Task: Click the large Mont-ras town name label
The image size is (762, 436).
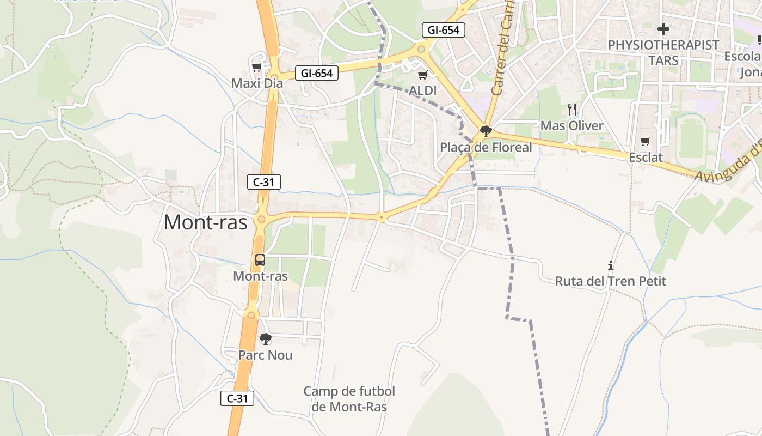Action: pyautogui.click(x=205, y=222)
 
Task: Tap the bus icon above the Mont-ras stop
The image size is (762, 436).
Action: pyautogui.click(x=260, y=260)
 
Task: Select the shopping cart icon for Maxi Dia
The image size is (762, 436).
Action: pyautogui.click(x=256, y=68)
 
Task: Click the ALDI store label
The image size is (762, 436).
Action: pyautogui.click(x=423, y=90)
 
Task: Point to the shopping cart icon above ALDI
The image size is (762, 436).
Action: pyautogui.click(x=422, y=75)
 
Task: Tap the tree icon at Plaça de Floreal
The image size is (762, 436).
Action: pyautogui.click(x=486, y=131)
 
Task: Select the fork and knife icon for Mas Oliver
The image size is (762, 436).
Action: pyautogui.click(x=571, y=110)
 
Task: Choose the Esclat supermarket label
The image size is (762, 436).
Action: pyautogui.click(x=646, y=158)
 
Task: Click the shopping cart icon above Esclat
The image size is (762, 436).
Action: pyautogui.click(x=646, y=142)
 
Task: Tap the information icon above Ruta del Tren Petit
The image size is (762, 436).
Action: pyautogui.click(x=611, y=265)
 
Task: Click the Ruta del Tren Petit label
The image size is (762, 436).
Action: pyautogui.click(x=611, y=281)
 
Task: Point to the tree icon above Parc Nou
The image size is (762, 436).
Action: pyautogui.click(x=265, y=339)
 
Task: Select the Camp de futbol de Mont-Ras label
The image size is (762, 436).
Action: pyautogui.click(x=349, y=399)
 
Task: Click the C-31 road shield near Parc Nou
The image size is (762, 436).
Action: pyautogui.click(x=237, y=398)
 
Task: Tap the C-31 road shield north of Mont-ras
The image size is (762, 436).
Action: pyautogui.click(x=264, y=182)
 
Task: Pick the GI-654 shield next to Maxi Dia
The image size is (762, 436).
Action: pyautogui.click(x=316, y=73)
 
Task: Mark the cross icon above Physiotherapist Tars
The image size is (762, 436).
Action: pyautogui.click(x=663, y=29)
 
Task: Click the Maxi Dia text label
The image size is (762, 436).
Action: pyautogui.click(x=257, y=83)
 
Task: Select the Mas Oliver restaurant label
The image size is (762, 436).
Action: pyautogui.click(x=571, y=126)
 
